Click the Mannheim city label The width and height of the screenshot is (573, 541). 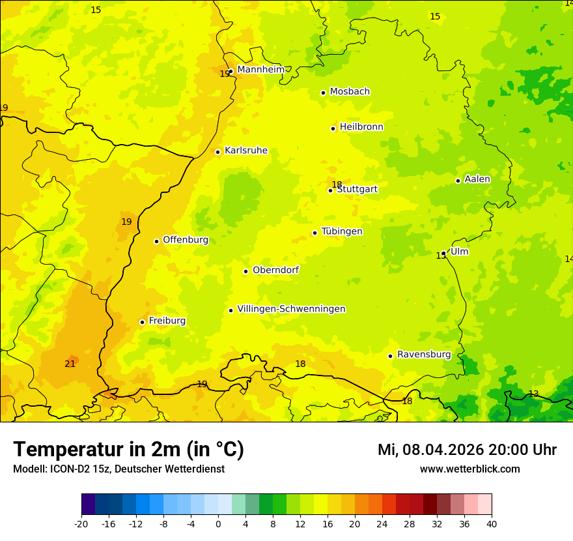(260, 70)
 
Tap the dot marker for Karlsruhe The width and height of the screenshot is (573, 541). (218, 152)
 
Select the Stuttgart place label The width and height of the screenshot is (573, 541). (357, 190)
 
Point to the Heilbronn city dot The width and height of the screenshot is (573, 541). (333, 128)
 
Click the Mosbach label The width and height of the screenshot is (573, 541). (350, 92)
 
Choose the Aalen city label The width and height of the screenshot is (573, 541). (477, 179)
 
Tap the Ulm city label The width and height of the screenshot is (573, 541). (459, 252)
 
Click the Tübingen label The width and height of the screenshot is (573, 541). (342, 231)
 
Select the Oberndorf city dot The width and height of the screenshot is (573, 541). (245, 271)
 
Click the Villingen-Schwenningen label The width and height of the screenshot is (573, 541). (291, 309)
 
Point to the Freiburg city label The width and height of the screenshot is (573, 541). (167, 321)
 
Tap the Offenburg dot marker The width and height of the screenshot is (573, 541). (156, 241)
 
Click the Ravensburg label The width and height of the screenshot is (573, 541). (424, 355)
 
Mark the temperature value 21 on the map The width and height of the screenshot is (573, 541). (70, 364)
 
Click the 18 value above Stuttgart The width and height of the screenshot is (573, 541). (337, 184)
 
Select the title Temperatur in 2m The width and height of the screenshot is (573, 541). (128, 449)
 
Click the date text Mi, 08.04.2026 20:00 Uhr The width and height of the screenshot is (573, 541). (467, 450)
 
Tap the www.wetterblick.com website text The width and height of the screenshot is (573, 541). (469, 469)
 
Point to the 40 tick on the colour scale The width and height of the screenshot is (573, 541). (492, 523)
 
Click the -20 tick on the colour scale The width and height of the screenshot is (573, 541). (81, 523)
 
